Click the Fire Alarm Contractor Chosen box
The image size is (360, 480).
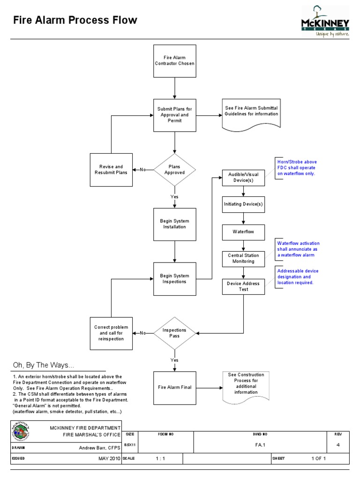click(x=175, y=61)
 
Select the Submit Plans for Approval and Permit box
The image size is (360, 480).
click(x=175, y=115)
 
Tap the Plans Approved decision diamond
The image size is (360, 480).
click(x=174, y=169)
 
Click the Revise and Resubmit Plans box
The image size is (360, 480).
click(x=112, y=169)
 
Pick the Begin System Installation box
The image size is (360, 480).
click(x=175, y=224)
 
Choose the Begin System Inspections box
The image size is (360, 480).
click(x=175, y=279)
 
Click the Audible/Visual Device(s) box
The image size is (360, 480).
click(x=243, y=178)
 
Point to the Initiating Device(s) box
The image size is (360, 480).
click(x=243, y=204)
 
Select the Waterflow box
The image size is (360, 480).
click(x=243, y=232)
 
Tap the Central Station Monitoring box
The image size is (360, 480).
click(x=243, y=258)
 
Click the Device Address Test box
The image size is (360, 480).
click(x=243, y=286)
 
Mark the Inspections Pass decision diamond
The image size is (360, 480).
click(x=174, y=333)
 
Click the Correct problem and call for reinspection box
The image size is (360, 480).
click(x=111, y=333)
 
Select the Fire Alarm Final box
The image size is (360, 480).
click(x=175, y=388)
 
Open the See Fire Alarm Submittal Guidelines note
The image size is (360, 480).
click(x=251, y=113)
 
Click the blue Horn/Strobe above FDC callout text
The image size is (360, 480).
click(x=296, y=168)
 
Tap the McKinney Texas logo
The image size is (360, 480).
click(x=325, y=21)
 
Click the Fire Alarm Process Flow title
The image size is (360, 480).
click(x=75, y=20)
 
